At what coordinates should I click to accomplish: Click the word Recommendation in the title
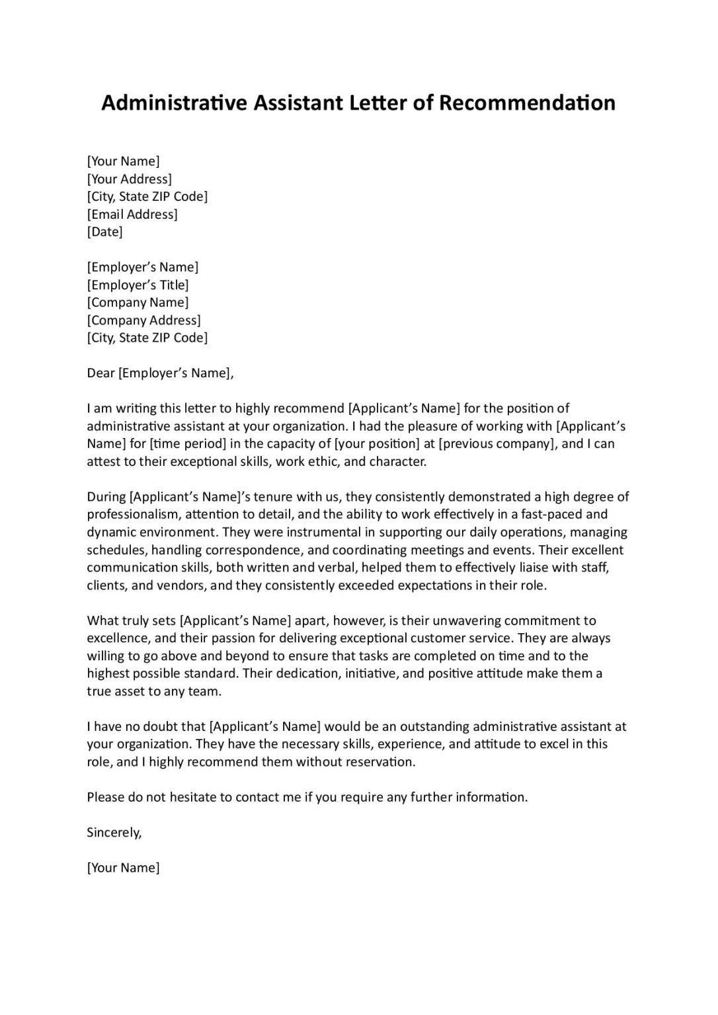coord(527,103)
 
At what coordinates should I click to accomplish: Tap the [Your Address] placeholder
coord(130,179)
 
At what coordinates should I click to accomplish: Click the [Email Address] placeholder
coord(132,214)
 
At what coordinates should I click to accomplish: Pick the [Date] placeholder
coord(104,232)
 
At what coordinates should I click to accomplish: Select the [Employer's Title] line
coord(138,285)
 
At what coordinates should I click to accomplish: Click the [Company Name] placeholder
coord(138,303)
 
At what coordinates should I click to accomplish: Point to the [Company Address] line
coord(143,320)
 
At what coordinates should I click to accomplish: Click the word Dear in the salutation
coord(100,373)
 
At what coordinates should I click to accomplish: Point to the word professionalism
coord(133,514)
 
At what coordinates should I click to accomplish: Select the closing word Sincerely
coord(114,833)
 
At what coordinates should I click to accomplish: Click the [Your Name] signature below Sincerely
coord(123,868)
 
